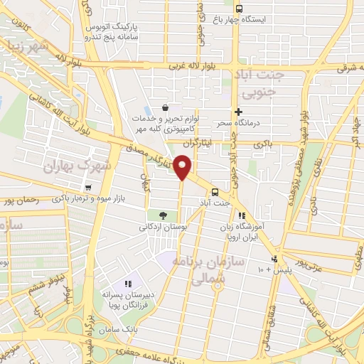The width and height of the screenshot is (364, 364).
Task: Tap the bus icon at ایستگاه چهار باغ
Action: coord(238,9)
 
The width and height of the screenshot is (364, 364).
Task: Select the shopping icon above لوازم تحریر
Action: coord(166,107)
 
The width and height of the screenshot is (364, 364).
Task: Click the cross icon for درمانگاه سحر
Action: coord(238,112)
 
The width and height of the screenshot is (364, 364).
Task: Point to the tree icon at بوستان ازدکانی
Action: coord(163,215)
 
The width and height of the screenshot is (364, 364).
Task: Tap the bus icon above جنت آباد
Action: coord(214,192)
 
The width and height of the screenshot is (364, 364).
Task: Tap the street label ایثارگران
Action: coord(213,143)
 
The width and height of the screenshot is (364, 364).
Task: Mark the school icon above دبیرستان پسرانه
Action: coord(128,284)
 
